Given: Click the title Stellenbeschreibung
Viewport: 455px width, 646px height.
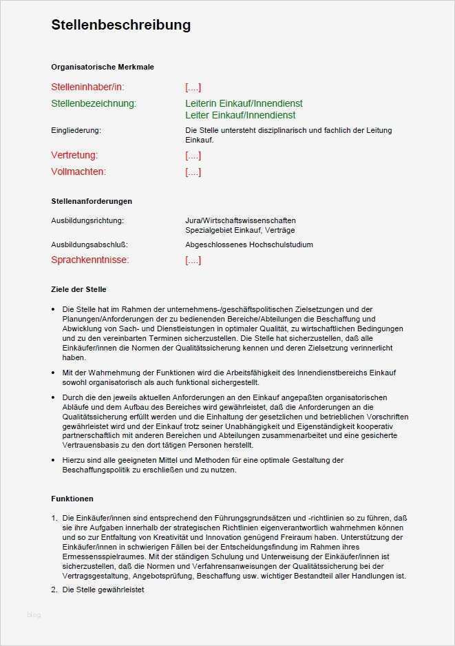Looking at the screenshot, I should pyautogui.click(x=120, y=25).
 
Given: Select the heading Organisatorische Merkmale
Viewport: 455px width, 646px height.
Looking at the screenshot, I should pyautogui.click(x=103, y=67).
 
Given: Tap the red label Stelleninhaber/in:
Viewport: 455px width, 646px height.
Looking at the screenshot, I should pyautogui.click(x=87, y=87).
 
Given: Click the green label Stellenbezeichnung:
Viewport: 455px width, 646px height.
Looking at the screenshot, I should pyautogui.click(x=94, y=103).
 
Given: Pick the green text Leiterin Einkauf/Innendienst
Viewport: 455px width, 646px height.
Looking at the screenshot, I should pyautogui.click(x=244, y=103).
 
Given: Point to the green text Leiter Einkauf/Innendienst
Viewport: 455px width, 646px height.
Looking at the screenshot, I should pyautogui.click(x=240, y=115).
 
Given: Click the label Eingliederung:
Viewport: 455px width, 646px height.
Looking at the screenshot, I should pyautogui.click(x=76, y=130).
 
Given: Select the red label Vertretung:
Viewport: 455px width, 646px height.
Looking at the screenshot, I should pyautogui.click(x=74, y=155).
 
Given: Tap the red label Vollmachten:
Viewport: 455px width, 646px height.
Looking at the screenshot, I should pyautogui.click(x=78, y=171).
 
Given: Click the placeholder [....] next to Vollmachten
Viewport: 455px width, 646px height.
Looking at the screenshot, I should pyautogui.click(x=193, y=171).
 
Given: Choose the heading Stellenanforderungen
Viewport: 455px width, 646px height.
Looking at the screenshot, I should pyautogui.click(x=92, y=201).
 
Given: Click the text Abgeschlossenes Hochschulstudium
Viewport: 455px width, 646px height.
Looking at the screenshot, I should pyautogui.click(x=248, y=244).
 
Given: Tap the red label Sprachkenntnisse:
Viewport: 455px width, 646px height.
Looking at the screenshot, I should pyautogui.click(x=90, y=260).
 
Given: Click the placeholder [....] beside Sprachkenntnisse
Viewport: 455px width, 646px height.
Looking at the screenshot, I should pyautogui.click(x=193, y=260).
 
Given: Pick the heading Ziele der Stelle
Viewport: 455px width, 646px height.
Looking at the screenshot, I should pyautogui.click(x=78, y=289).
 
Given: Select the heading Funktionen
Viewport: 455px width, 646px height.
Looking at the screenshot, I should pyautogui.click(x=72, y=499).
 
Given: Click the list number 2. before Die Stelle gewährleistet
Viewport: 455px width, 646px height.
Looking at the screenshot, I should pyautogui.click(x=54, y=590).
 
